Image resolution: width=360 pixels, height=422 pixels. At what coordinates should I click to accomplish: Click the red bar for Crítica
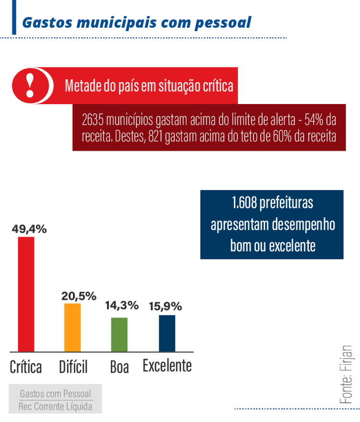pos(26,294)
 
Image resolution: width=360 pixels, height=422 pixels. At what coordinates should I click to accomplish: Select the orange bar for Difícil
pos(73,327)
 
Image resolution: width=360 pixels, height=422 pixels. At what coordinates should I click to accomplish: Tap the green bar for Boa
pos(119,334)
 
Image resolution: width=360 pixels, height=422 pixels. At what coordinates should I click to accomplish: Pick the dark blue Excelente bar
pos(167,333)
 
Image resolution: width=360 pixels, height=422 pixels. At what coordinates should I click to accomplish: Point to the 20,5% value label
pos(79,296)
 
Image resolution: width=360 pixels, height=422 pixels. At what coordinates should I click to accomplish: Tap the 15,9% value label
pos(165,306)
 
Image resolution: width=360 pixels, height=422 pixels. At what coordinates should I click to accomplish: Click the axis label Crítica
pos(26,367)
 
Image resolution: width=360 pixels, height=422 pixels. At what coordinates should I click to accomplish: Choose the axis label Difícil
pos(73,367)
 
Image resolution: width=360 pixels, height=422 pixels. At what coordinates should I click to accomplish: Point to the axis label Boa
pos(119,367)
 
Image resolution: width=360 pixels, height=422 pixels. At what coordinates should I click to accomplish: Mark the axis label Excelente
pos(167,366)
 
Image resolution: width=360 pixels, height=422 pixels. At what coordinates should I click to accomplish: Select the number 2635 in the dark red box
pos(93,119)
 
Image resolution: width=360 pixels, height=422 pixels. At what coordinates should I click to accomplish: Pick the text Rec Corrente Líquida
pos(55,406)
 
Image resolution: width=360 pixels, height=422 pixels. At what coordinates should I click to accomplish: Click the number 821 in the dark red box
pos(157,136)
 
